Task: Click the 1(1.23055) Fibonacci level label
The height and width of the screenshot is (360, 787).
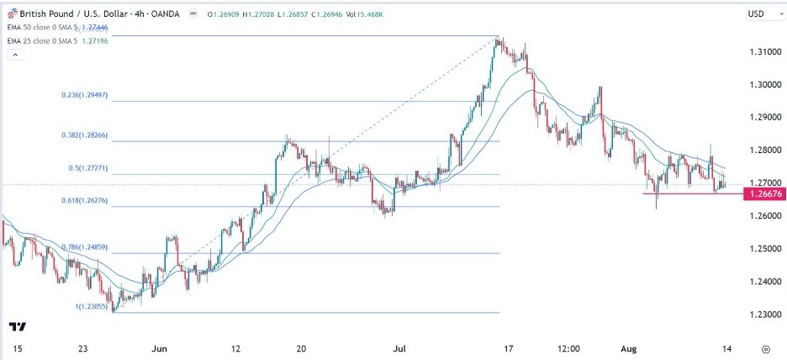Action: pos(91,305)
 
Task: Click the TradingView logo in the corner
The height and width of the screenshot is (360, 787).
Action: pos(17,326)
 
